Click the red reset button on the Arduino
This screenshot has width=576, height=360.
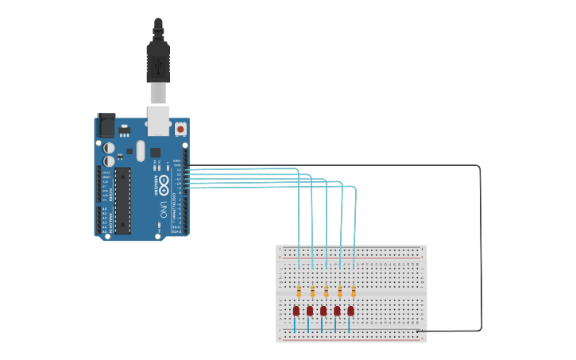(x=180, y=128)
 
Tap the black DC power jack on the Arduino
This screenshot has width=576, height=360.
(x=106, y=126)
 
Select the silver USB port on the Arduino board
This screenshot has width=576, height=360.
(x=159, y=118)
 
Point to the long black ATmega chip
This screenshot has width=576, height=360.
(x=122, y=200)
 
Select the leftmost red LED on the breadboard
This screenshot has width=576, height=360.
(x=296, y=311)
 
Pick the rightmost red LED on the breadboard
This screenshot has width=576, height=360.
(x=350, y=311)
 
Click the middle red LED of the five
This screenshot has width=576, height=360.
(x=323, y=311)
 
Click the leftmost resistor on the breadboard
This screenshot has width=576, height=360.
(x=299, y=291)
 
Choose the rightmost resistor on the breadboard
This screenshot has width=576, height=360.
(x=354, y=291)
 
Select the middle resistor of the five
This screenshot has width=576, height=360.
(x=326, y=291)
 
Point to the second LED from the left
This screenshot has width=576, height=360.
(x=310, y=311)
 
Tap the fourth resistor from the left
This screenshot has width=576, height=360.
(x=340, y=291)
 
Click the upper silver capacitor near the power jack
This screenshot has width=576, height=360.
(x=108, y=148)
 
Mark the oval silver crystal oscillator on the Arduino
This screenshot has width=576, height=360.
(x=141, y=150)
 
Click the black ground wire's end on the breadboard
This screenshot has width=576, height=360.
(x=419, y=331)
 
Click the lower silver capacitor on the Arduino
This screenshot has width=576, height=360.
(x=108, y=161)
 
